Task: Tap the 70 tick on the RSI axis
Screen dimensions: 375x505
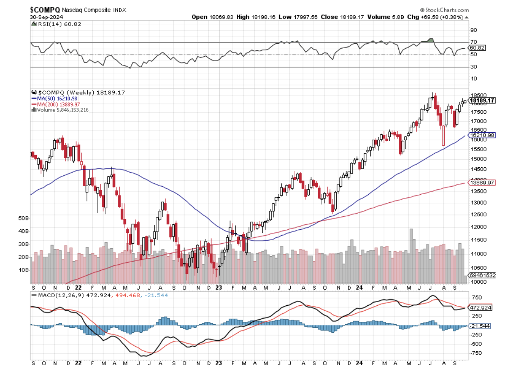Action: [473, 42]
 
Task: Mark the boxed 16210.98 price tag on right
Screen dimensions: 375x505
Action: [482, 135]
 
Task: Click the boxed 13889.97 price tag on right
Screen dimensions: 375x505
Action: [482, 183]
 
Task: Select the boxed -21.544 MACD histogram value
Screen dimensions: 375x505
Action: [481, 326]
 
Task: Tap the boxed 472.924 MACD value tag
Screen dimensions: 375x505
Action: [481, 308]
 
